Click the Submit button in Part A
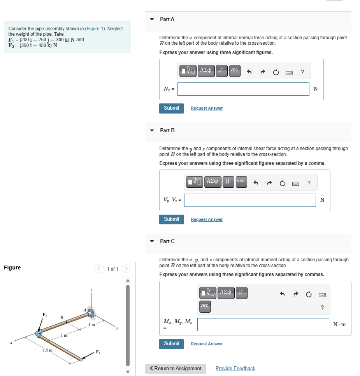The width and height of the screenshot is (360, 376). [171, 108]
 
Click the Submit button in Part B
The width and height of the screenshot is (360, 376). [171, 219]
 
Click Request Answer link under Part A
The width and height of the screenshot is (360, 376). [206, 108]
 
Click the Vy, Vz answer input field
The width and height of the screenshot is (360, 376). [249, 200]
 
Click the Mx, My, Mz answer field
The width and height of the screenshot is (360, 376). [263, 325]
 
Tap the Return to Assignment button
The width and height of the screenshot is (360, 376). [175, 368]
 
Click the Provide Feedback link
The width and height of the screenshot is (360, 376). [235, 368]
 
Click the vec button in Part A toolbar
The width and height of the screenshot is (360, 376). [234, 71]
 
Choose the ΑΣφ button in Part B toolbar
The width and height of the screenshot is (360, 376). [212, 182]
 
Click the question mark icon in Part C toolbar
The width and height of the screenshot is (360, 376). [322, 308]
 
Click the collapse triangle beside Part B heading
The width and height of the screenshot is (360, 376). [152, 130]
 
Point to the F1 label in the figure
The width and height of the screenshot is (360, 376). [98, 352]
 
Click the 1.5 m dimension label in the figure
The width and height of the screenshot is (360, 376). [47, 351]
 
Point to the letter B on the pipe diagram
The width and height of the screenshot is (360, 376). [61, 317]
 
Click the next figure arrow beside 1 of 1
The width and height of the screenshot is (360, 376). [126, 269]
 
